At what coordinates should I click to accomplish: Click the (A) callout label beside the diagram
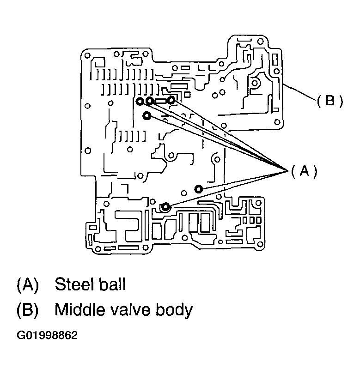click(x=304, y=171)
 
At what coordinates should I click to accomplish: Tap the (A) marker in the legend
click(x=27, y=284)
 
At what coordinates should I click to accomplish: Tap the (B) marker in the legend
click(x=27, y=310)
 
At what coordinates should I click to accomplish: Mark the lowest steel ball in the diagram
click(x=165, y=207)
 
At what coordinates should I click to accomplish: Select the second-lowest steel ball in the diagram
click(x=198, y=189)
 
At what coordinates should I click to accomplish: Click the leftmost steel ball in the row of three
click(x=140, y=101)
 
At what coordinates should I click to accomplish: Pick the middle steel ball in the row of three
click(x=150, y=101)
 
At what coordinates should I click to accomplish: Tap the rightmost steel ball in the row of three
click(x=171, y=100)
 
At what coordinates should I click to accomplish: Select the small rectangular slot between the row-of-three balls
click(x=161, y=101)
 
